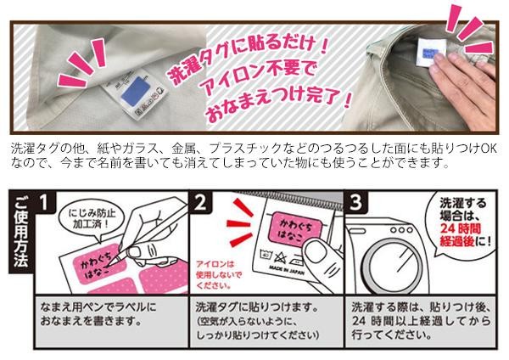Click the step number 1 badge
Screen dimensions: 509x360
coord(44,202)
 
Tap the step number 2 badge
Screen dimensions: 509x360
coord(200,202)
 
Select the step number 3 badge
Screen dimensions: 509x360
coord(356,202)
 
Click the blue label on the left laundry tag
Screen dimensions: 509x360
coord(136,91)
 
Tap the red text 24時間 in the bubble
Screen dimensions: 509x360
coord(460,228)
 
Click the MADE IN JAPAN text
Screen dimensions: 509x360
coord(287,270)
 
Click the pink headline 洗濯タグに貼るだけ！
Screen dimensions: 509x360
coord(248,59)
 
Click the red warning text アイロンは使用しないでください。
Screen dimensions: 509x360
coord(218,275)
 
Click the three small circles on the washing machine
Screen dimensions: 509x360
coord(401,230)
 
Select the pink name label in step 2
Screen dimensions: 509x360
coord(294,229)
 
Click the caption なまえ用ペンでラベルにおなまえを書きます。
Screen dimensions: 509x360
coord(98,314)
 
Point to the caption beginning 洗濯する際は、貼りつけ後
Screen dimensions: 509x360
coord(421,321)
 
